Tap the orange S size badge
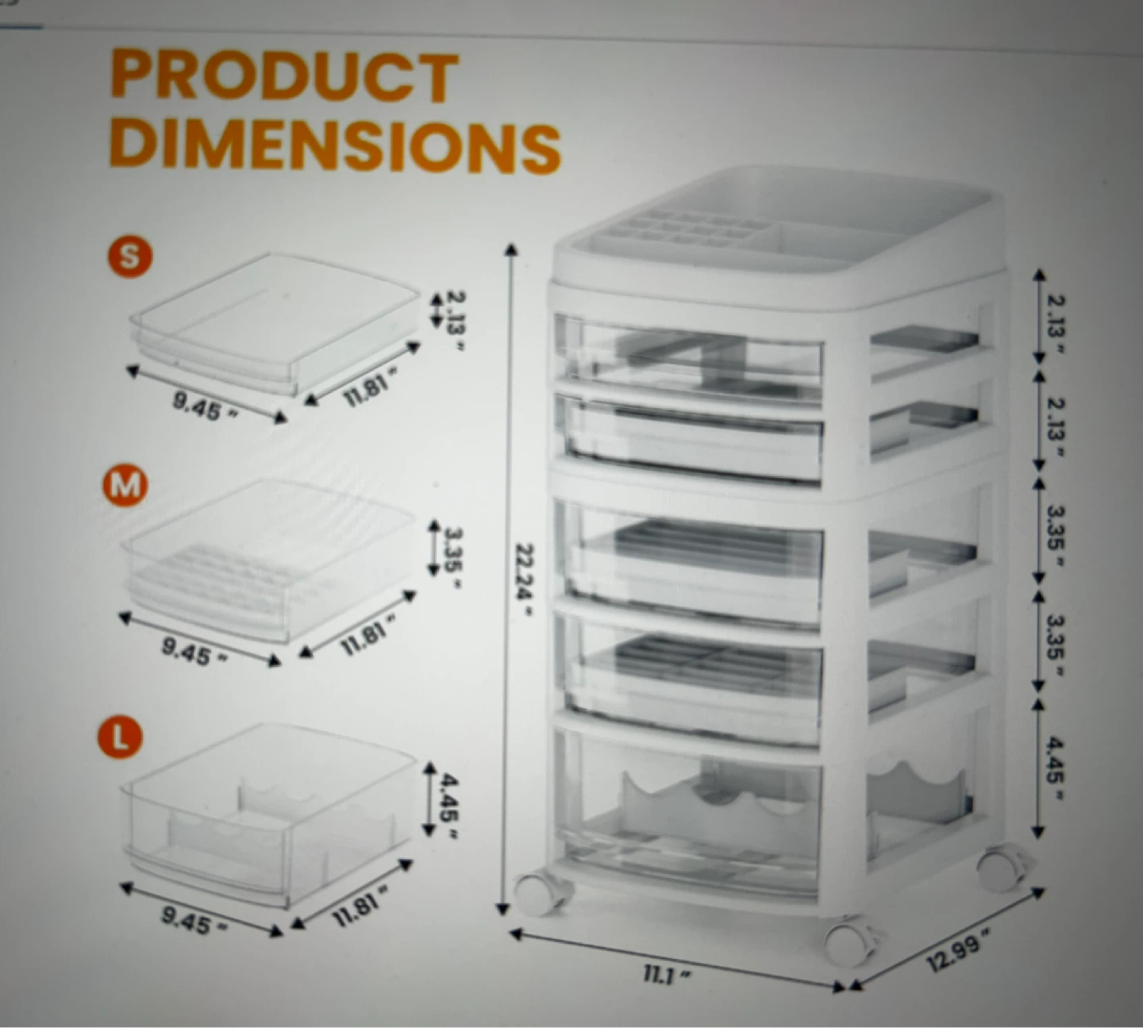pos(130,257)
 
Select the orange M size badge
pos(125,485)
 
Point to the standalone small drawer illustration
pos(275,325)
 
